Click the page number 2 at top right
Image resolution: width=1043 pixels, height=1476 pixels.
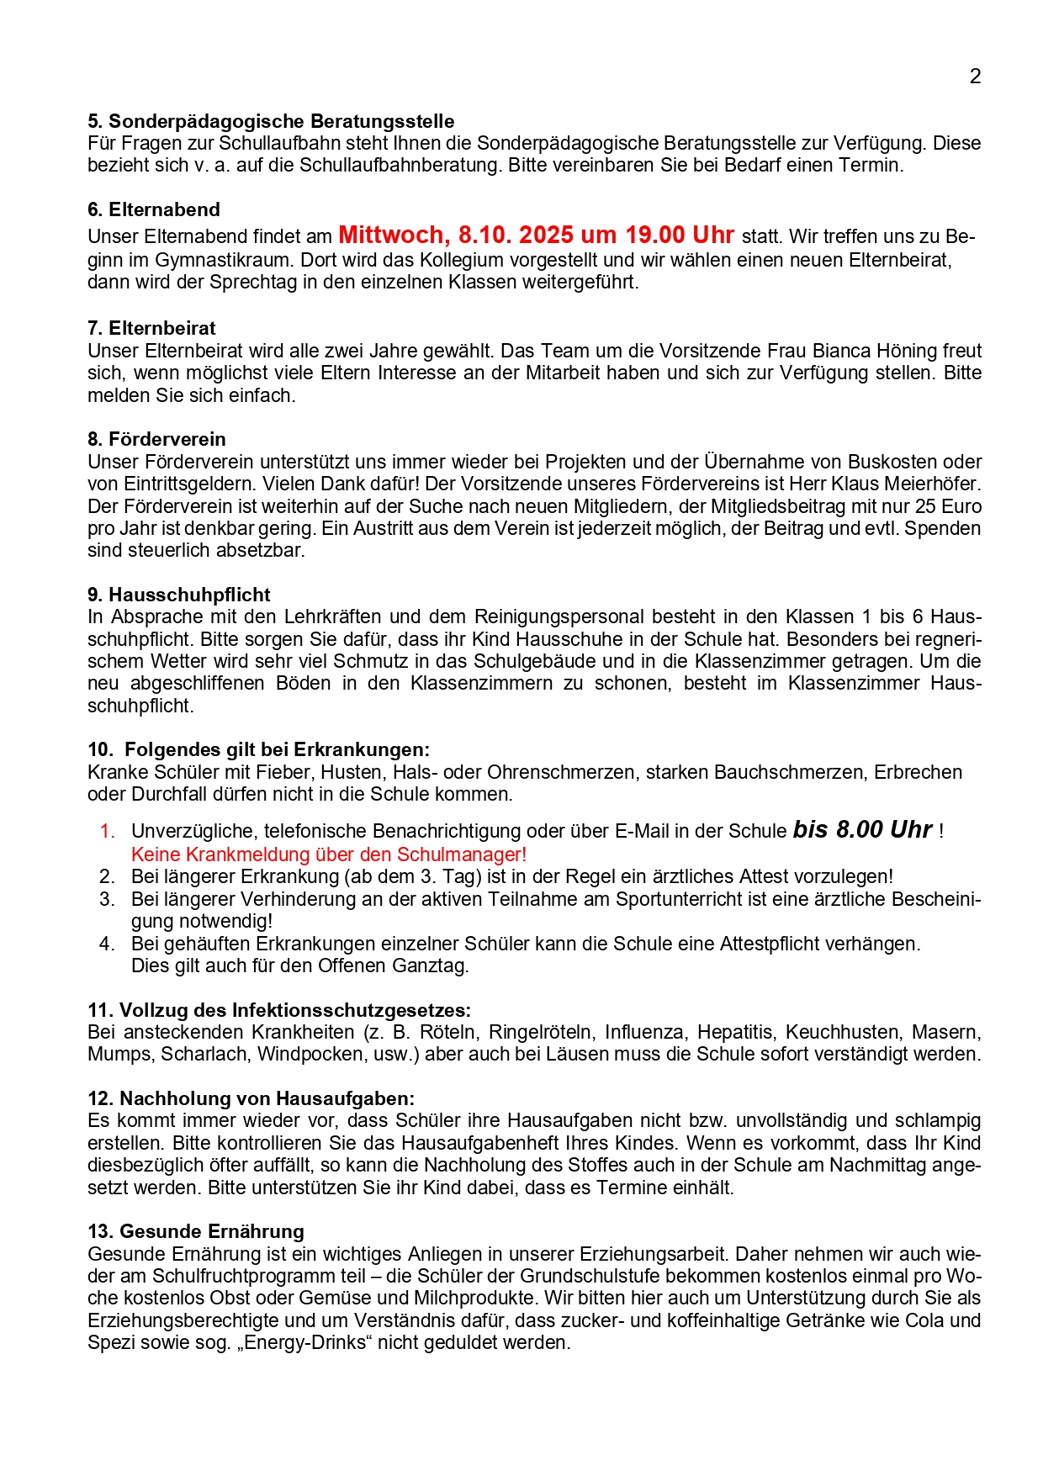tap(975, 77)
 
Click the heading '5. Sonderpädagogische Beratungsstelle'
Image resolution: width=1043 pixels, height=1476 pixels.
tap(271, 121)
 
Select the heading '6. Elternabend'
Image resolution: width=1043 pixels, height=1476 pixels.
tap(154, 210)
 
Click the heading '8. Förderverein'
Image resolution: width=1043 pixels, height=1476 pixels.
tap(156, 439)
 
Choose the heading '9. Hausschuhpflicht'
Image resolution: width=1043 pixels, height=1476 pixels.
tap(179, 595)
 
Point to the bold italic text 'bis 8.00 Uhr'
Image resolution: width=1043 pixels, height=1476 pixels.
tap(862, 830)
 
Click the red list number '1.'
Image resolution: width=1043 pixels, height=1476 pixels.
tap(107, 832)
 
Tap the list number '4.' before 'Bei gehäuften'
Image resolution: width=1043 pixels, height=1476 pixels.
tap(107, 944)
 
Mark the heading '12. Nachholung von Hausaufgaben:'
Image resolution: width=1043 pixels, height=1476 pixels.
tap(251, 1098)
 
